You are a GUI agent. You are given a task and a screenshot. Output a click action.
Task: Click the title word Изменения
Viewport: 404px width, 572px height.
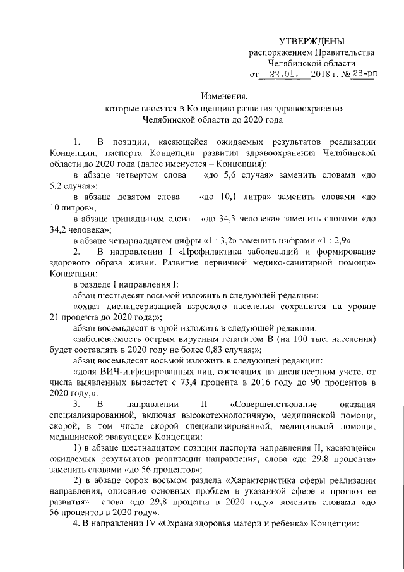pos(225,97)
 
